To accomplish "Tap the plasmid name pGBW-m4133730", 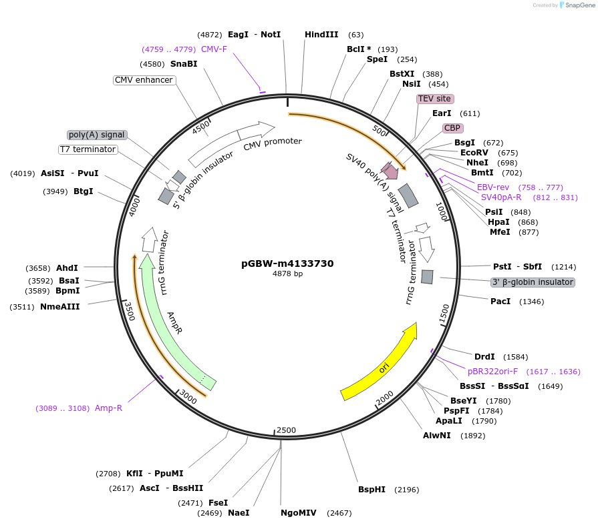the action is (287, 264).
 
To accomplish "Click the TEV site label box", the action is (434, 99).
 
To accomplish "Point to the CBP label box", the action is (452, 127).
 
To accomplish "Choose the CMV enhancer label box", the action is (144, 80).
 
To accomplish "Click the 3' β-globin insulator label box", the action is (533, 282).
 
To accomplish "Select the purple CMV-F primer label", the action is (214, 49).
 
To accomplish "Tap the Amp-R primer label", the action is (108, 408).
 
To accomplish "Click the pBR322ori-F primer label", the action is (494, 372).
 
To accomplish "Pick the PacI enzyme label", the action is (500, 302).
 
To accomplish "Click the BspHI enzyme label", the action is (371, 490).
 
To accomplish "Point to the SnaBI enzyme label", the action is (184, 64).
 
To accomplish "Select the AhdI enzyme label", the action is (67, 268).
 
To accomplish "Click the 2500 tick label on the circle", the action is (286, 430).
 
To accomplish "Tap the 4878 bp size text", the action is (287, 274).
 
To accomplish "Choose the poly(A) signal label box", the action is (97, 135).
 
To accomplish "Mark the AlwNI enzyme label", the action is (437, 436).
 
